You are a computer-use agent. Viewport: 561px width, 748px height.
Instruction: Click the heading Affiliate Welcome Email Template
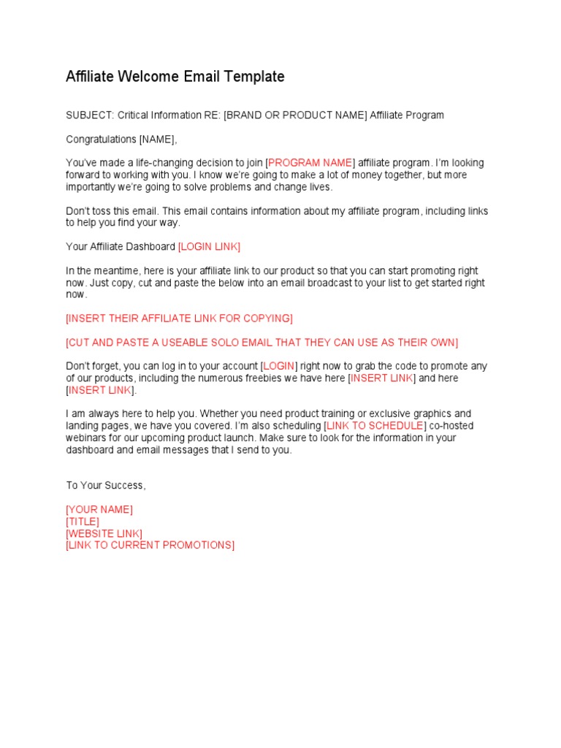coord(175,77)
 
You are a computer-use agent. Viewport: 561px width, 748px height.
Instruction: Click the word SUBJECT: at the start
coord(89,115)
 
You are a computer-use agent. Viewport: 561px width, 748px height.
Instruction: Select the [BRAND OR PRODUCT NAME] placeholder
coord(295,115)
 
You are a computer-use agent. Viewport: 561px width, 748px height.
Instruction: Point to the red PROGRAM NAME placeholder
coord(311,163)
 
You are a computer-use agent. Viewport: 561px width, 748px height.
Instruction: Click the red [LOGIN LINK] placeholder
coord(209,247)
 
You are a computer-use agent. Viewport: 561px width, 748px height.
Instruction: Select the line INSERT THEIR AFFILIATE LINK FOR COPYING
coord(179,318)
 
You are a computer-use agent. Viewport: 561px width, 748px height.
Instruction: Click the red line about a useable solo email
coord(262,343)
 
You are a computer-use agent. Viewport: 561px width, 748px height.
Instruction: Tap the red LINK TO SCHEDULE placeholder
coord(374,426)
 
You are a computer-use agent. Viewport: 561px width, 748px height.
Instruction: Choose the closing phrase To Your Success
coord(106,486)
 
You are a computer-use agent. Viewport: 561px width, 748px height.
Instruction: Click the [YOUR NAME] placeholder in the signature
coord(99,510)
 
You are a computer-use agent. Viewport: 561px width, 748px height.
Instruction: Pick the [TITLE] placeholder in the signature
coord(83,522)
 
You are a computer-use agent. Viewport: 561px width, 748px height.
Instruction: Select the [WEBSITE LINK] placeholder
coord(104,533)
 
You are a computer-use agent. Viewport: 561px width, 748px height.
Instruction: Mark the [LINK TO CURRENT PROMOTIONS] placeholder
coord(150,545)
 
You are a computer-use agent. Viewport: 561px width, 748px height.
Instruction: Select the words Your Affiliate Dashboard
coord(121,247)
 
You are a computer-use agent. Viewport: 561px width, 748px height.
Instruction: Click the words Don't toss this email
coord(117,211)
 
